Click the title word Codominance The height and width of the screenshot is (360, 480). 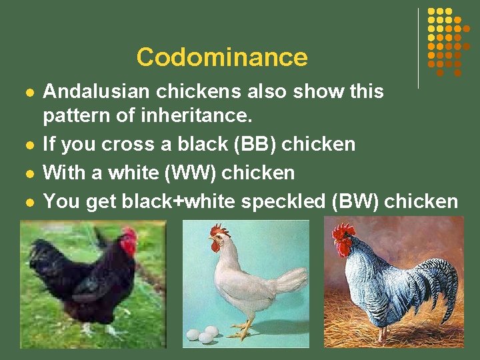click(x=222, y=57)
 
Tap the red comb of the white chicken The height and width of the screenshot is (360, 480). click(x=219, y=231)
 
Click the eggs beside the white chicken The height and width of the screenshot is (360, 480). click(x=203, y=334)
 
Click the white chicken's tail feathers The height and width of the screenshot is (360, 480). click(x=291, y=280)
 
